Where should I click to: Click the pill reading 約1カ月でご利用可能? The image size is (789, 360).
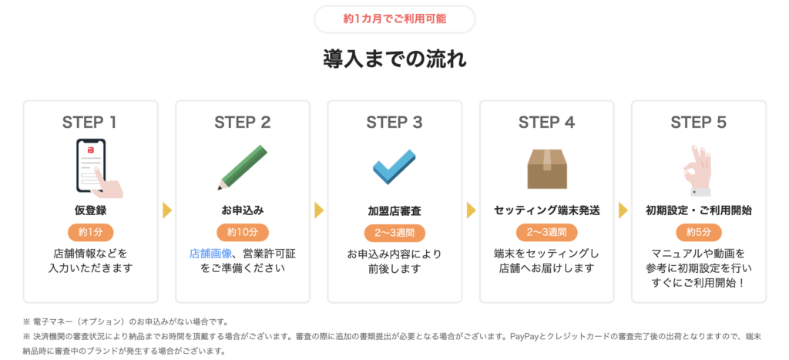pos(394,19)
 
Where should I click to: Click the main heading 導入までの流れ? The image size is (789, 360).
pos(394,59)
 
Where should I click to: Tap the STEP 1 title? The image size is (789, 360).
pos(89,123)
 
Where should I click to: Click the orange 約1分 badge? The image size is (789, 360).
pos(91,232)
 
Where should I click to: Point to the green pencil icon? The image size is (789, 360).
pos(243,167)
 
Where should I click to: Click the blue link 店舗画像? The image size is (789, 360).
pos(210,254)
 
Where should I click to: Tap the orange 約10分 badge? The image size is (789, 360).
pos(243,232)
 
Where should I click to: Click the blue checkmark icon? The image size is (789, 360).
pos(394,167)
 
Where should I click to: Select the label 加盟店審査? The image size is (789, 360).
pos(394,211)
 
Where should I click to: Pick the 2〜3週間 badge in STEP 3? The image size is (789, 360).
pos(394,233)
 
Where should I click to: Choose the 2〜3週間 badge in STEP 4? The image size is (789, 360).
pos(547,232)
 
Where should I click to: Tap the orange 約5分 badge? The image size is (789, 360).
pos(699,232)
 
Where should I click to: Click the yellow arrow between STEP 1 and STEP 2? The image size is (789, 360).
pos(167,210)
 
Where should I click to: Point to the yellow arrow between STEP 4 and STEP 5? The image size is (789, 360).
pos(623,210)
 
